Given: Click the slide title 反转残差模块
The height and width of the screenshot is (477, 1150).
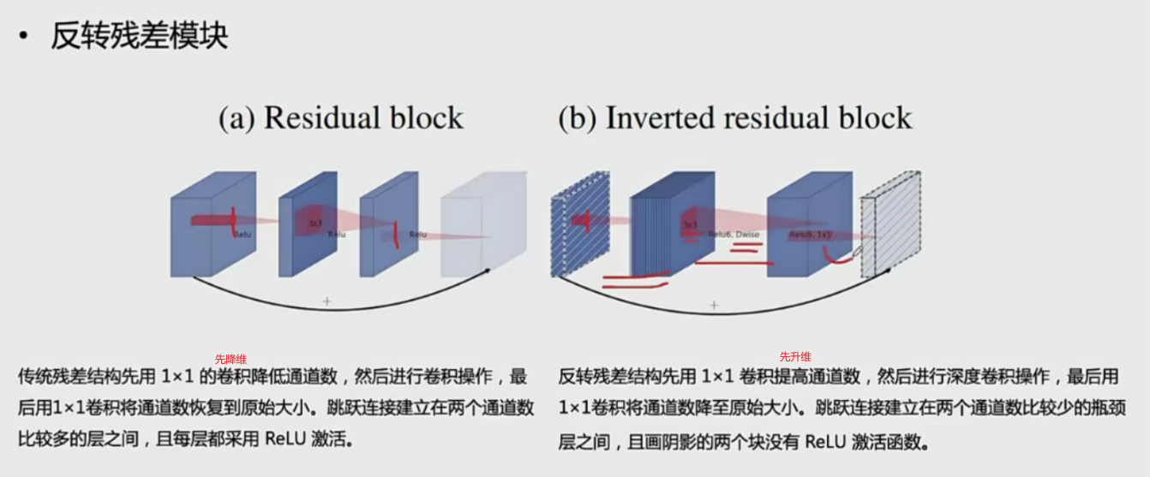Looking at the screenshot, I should pos(139,37).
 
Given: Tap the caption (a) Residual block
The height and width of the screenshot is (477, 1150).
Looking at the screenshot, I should pos(340,118).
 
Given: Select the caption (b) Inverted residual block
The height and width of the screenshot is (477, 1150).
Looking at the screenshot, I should pos(734,118).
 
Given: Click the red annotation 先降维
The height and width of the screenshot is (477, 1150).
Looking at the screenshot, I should pos(231,359).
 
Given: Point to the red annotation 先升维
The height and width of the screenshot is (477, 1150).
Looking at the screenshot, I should pos(794,356).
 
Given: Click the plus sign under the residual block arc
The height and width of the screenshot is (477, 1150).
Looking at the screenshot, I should pos(326,301).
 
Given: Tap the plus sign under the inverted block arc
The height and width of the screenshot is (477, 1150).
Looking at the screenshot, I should pos(714,305).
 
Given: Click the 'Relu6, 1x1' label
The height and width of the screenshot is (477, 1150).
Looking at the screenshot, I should pos(811,234).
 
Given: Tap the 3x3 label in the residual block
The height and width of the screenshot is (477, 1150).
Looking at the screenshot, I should pos(314,224).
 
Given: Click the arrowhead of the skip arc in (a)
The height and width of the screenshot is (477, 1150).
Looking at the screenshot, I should pos(488,271).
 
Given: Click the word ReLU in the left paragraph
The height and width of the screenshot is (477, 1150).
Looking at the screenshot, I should pos(284,439).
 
